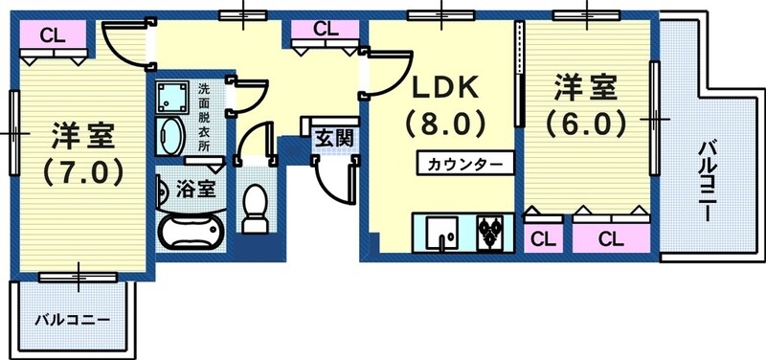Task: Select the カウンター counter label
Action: tap(464, 163)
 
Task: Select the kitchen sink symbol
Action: tap(443, 233)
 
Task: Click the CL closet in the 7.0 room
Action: tap(52, 37)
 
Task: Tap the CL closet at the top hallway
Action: tap(326, 30)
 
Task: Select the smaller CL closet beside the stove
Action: tap(542, 237)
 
